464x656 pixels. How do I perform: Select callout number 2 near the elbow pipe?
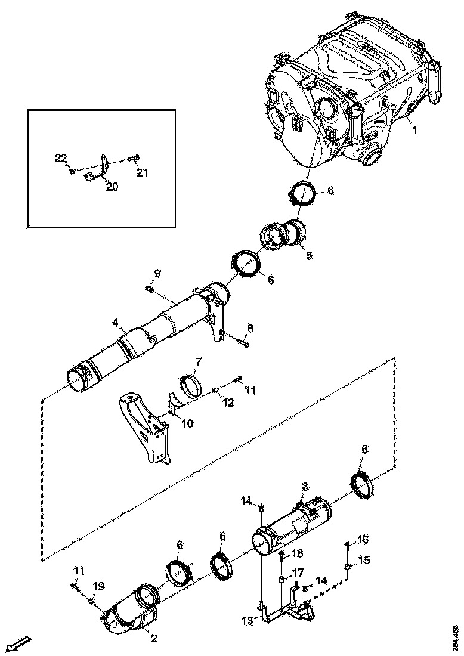[153, 639]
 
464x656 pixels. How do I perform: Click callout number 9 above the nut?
[156, 273]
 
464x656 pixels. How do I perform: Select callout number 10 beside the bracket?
[187, 423]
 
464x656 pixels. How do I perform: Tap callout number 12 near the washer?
[229, 403]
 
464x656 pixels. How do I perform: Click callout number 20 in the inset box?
[112, 187]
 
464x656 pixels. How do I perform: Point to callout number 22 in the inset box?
[60, 158]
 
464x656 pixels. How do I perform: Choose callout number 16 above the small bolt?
[363, 540]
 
